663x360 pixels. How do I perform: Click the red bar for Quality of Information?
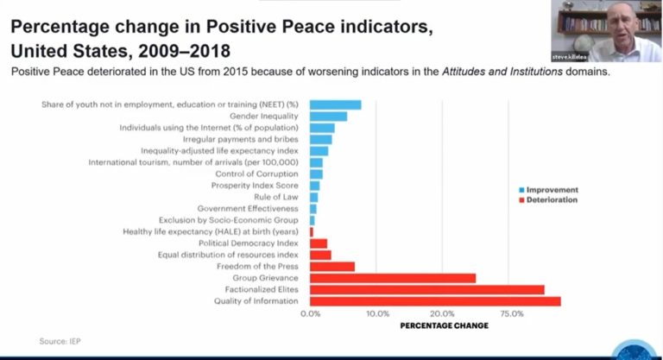coord(435,301)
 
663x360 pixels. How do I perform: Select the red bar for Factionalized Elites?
coord(426,289)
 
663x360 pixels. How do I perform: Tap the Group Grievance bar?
coord(393,278)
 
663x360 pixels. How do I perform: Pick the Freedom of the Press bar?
coord(332,267)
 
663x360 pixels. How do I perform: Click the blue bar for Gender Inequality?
coord(328,116)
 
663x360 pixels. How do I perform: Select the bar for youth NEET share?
coord(335,104)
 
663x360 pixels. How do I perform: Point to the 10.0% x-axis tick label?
coord(377,313)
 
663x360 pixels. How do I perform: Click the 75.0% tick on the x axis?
coord(512,313)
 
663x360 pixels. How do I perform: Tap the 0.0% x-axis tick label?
coord(310,313)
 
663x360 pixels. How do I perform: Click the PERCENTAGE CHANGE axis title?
coord(445,325)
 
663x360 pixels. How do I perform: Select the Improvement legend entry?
coord(552,190)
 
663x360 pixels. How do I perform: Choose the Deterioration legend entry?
coord(553,200)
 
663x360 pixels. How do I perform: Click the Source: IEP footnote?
coord(60,342)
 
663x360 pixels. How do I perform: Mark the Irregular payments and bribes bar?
coord(321,139)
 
